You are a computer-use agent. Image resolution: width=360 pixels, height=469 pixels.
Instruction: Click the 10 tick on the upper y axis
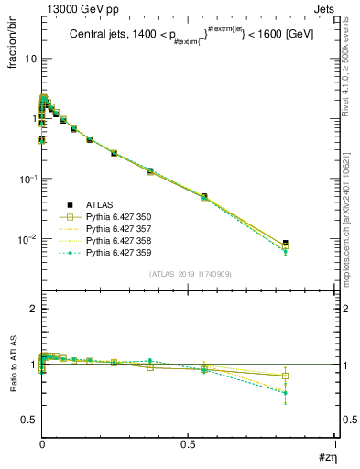pos(30,58)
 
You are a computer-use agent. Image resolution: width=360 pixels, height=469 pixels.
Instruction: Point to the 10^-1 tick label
pos(27,178)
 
